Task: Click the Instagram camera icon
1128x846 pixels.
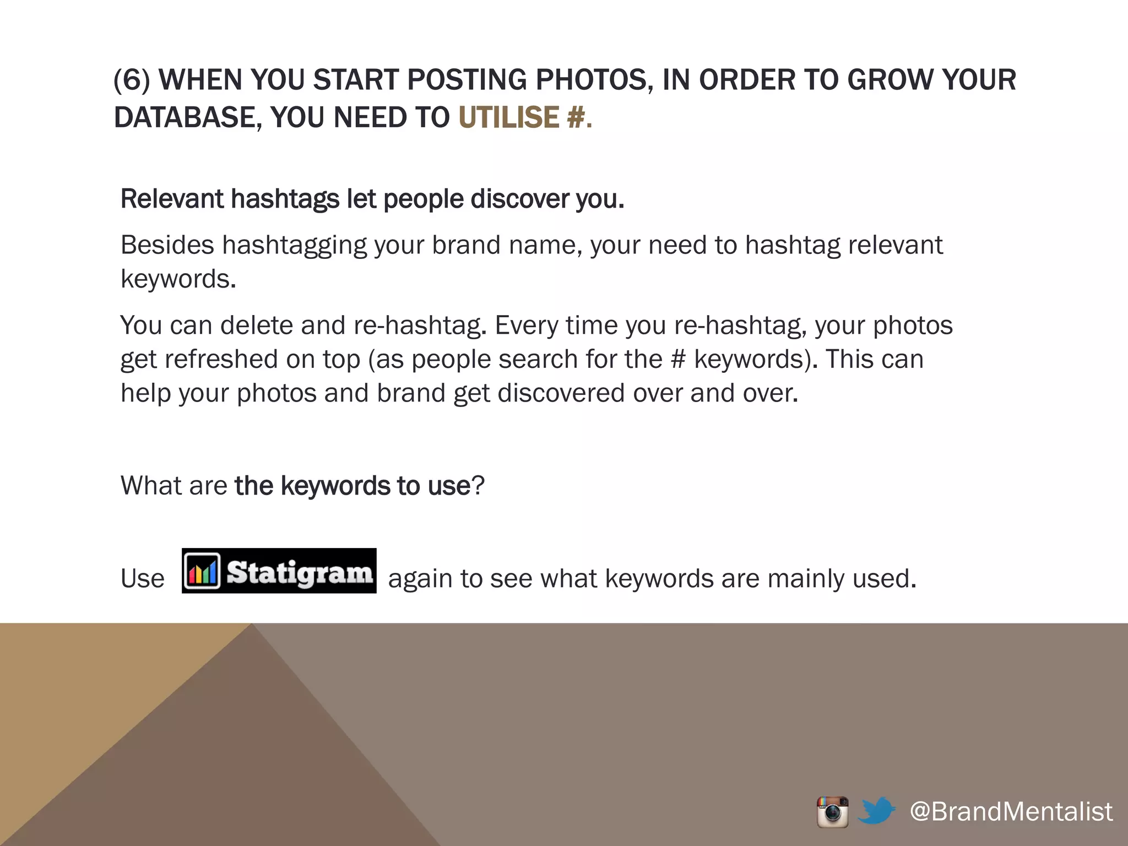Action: [x=832, y=811]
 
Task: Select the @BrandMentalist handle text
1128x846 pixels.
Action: [x=1011, y=811]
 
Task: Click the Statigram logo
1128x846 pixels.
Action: [x=279, y=571]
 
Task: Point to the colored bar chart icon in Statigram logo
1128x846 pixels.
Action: [x=202, y=572]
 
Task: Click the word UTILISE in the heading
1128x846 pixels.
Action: [x=508, y=117]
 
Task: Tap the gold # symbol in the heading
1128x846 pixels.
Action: [x=576, y=117]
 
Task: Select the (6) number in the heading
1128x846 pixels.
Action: [x=132, y=80]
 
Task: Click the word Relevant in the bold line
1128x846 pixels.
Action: [x=171, y=199]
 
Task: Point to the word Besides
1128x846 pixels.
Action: [x=167, y=245]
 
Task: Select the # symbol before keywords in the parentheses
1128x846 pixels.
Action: [x=678, y=359]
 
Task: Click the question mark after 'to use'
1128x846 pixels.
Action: [x=478, y=486]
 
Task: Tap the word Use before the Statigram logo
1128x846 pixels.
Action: [x=142, y=579]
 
